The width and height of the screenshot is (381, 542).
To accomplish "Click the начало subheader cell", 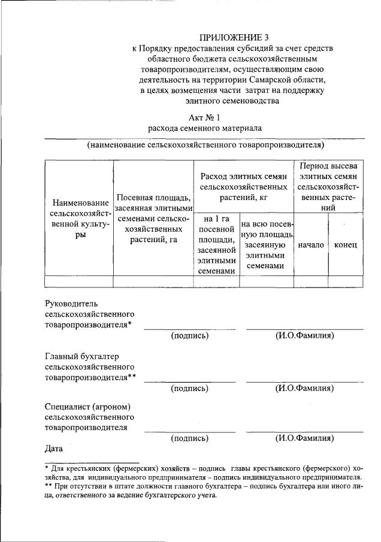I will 311,245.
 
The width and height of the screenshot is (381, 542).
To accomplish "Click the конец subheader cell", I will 346,245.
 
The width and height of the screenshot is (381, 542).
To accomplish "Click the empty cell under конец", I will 346,282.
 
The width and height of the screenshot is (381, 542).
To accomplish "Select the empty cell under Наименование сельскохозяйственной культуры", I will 79,282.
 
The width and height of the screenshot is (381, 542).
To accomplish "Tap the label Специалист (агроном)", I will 87,407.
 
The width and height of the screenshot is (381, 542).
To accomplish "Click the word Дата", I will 54,447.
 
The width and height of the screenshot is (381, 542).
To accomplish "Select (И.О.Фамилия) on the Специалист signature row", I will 304,438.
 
